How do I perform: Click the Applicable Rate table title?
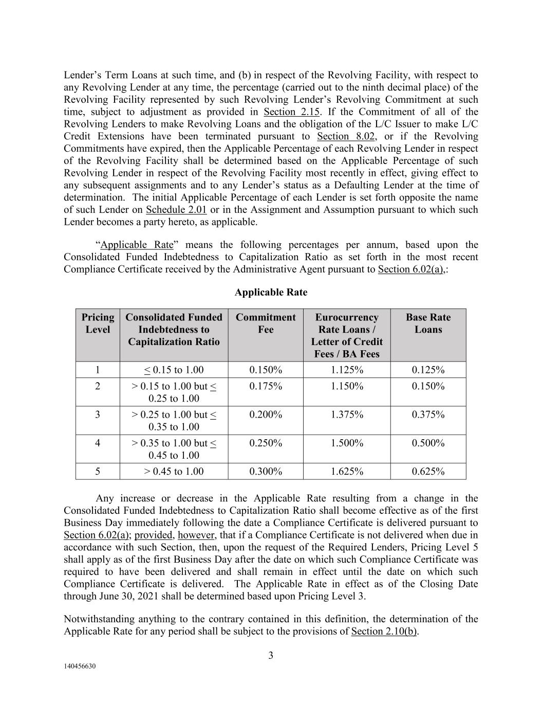coord(271,292)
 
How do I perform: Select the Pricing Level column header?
coord(98,323)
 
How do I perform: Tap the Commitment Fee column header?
coord(265,323)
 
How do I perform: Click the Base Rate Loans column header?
coord(428,323)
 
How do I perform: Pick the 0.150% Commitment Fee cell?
coord(265,370)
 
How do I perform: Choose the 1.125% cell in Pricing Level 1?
coord(347,370)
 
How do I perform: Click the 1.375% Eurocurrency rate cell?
coord(347,415)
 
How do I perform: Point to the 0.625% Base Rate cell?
coord(428,471)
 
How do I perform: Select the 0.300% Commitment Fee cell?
coord(265,471)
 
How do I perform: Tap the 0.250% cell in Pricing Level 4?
coord(265,443)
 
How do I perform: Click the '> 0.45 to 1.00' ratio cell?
coord(174,471)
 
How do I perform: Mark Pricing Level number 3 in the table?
coord(98,415)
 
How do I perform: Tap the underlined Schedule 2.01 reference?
coord(176,210)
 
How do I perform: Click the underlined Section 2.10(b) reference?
coord(384,632)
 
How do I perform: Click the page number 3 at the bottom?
coord(271,655)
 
